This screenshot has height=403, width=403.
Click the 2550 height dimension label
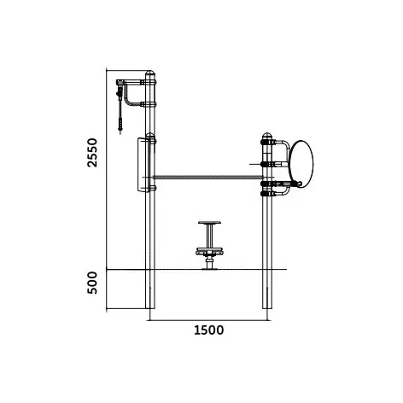point(93,153)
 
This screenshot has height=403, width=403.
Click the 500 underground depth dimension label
point(93,283)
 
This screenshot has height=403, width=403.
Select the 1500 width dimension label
point(208,330)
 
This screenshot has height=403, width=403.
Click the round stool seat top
point(209,223)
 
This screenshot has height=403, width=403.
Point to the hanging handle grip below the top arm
point(120,125)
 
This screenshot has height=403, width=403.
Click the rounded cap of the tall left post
point(150,73)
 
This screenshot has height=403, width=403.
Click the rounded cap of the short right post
point(266,136)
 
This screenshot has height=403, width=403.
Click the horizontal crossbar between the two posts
point(207,178)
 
